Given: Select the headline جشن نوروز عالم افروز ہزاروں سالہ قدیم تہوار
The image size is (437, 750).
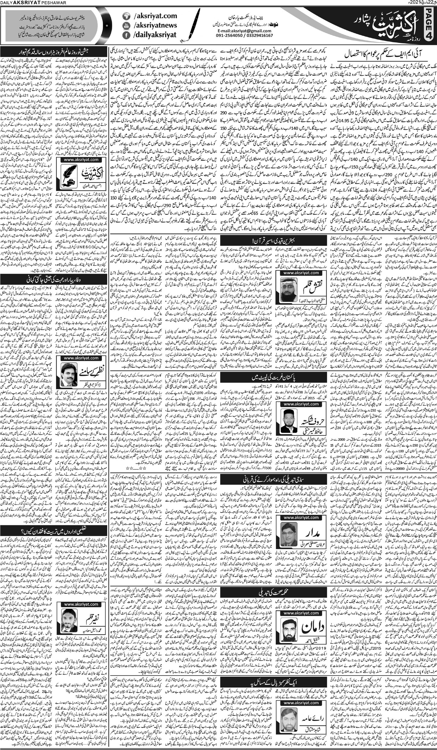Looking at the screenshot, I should (x=54, y=49).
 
